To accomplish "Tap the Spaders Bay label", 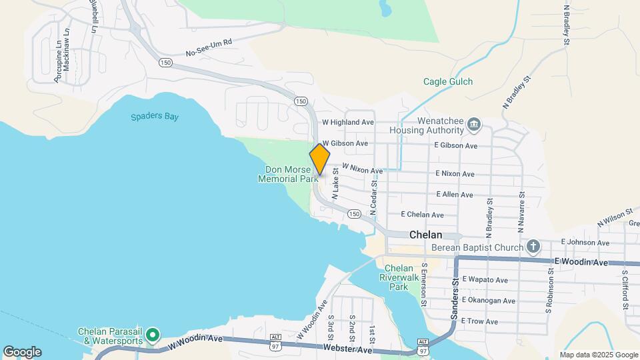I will click(155, 117).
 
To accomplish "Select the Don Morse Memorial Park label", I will click(288, 174).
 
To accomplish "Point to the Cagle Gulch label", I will click(448, 82).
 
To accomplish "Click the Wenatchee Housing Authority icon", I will click(474, 123).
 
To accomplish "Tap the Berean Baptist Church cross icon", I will click(533, 247).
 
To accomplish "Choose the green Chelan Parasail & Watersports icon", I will click(153, 335).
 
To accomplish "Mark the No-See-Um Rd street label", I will click(209, 47).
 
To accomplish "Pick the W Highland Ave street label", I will click(347, 123).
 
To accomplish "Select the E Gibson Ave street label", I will click(456, 145).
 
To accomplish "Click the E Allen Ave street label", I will click(454, 195).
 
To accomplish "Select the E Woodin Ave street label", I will click(581, 263).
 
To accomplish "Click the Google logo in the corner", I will click(22, 351).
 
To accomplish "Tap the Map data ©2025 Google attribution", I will click(599, 355).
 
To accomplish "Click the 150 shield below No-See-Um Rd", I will click(165, 62).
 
